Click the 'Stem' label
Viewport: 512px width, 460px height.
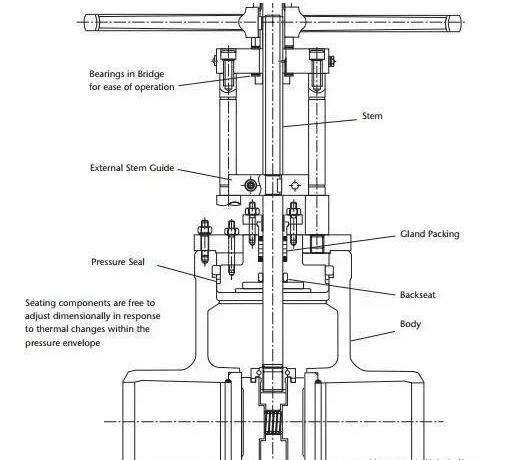point(372,116)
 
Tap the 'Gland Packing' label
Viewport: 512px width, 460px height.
point(430,234)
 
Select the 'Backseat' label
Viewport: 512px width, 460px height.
point(418,295)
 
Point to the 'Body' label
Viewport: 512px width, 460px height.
point(410,324)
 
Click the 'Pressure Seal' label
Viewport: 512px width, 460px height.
point(118,262)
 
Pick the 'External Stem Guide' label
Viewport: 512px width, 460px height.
point(132,168)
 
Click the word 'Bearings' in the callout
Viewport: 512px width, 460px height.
point(108,74)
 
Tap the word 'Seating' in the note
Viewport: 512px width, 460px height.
point(40,303)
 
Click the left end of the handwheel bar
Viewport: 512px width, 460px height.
point(85,23)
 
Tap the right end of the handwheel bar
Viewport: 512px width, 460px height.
point(460,23)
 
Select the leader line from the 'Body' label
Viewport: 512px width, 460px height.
point(373,336)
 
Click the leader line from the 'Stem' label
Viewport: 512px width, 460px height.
point(320,123)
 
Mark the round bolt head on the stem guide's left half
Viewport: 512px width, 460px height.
point(251,185)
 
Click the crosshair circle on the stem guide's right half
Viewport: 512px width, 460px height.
point(295,185)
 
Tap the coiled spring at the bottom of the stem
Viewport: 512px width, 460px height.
point(273,422)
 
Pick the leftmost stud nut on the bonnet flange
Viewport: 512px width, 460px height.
point(204,229)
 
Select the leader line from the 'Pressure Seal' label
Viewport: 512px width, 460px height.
point(187,273)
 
